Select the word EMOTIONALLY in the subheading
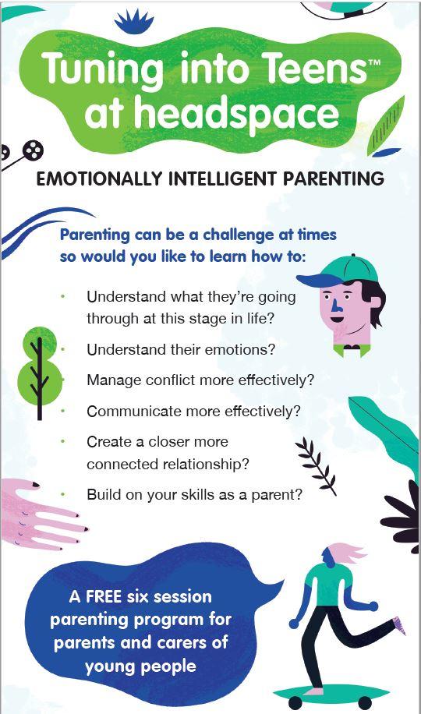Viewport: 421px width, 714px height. pos(98,179)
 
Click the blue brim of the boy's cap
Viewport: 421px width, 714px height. pos(314,280)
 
